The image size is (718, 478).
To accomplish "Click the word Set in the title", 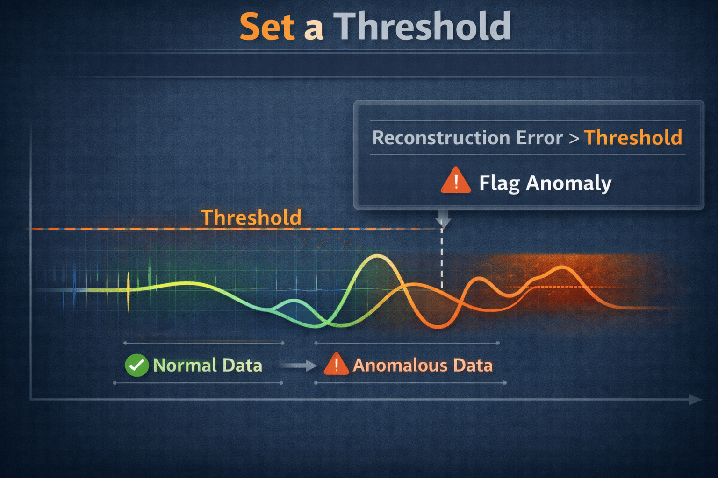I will pyautogui.click(x=267, y=27).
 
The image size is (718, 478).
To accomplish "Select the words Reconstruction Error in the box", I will pyautogui.click(x=467, y=138).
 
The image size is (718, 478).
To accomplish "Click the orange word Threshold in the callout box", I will pyautogui.click(x=633, y=138).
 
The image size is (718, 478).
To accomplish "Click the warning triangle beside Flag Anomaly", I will pyautogui.click(x=455, y=181).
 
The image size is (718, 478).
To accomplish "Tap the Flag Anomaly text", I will pyautogui.click(x=545, y=183).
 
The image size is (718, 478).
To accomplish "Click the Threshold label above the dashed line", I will pyautogui.click(x=251, y=218).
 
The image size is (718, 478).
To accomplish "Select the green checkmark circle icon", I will pyautogui.click(x=136, y=365).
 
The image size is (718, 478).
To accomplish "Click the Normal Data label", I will pyautogui.click(x=208, y=365).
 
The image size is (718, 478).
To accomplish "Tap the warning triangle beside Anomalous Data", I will pyautogui.click(x=336, y=365).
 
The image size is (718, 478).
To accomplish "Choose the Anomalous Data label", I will pyautogui.click(x=423, y=365).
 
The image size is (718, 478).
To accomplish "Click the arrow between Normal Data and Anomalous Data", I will pyautogui.click(x=299, y=366).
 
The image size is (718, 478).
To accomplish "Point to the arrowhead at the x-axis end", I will pyautogui.click(x=696, y=400).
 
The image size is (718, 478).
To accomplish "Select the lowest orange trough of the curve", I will pyautogui.click(x=438, y=326).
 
